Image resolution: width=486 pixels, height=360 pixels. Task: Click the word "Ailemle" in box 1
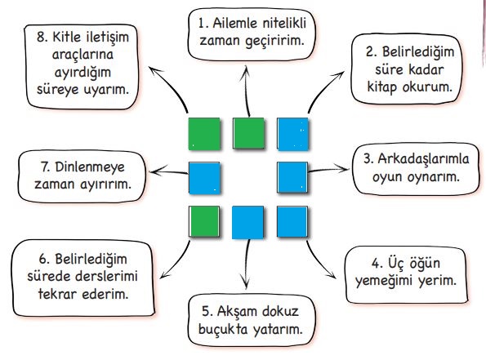coord(235,23)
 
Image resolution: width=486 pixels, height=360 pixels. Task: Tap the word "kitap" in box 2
coord(382,87)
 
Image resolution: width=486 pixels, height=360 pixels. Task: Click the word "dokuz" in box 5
coord(280,311)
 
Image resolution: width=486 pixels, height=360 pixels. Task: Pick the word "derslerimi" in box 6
coord(107,277)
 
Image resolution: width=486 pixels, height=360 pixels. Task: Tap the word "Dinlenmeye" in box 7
coord(90,167)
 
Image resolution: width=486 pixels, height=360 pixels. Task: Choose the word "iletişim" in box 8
coord(108,38)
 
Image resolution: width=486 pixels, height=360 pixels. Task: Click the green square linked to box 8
coord(204,134)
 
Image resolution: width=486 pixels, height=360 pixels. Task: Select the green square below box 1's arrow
coord(248,134)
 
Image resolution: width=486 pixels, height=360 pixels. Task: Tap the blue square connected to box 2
coord(293,134)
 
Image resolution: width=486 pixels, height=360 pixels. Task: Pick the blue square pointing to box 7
coord(204,178)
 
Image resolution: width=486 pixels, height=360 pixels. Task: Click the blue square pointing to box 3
coord(292,177)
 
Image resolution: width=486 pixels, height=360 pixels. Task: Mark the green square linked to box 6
coord(204,222)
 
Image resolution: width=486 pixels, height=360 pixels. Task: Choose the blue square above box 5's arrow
coord(248,222)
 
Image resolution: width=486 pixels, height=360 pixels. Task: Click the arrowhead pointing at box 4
coord(332,275)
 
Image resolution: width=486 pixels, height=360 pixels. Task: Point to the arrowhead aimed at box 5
coord(246,282)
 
